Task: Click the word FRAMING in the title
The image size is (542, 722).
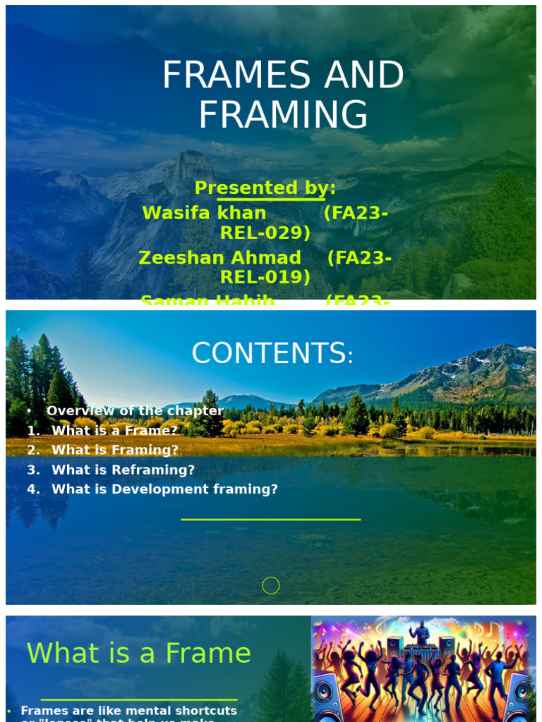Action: pyautogui.click(x=283, y=116)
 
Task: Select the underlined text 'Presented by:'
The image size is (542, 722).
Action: pyautogui.click(x=265, y=188)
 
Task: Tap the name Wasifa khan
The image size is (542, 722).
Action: pyautogui.click(x=204, y=213)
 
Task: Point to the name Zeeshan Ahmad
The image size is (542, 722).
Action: pyautogui.click(x=219, y=258)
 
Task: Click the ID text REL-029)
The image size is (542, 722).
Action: pyautogui.click(x=265, y=233)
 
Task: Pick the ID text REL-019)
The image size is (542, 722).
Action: pyautogui.click(x=265, y=278)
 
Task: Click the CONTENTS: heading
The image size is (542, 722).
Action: pyautogui.click(x=272, y=354)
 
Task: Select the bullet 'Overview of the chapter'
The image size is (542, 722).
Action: pyautogui.click(x=135, y=411)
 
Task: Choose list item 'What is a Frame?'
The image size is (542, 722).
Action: pyautogui.click(x=114, y=430)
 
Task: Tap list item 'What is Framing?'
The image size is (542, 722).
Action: pyautogui.click(x=115, y=450)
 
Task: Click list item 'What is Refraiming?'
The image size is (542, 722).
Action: pyautogui.click(x=123, y=470)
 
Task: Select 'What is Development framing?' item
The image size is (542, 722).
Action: pyautogui.click(x=164, y=489)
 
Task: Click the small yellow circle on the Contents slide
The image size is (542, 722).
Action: pyautogui.click(x=271, y=585)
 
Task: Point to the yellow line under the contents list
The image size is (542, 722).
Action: pyautogui.click(x=271, y=520)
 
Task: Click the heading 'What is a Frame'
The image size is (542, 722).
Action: pyautogui.click(x=138, y=653)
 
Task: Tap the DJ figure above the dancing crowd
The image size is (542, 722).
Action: pyautogui.click(x=421, y=632)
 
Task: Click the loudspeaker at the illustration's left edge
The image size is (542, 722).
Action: pyautogui.click(x=326, y=696)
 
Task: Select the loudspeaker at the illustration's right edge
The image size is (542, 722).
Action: pyautogui.click(x=519, y=697)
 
